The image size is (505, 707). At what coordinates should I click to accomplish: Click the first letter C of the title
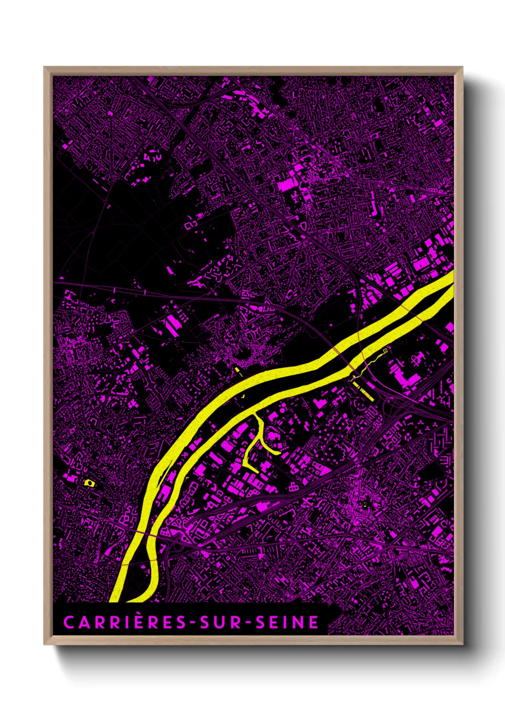pos(68,623)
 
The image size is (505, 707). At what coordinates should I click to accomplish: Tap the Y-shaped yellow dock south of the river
pos(258,442)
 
